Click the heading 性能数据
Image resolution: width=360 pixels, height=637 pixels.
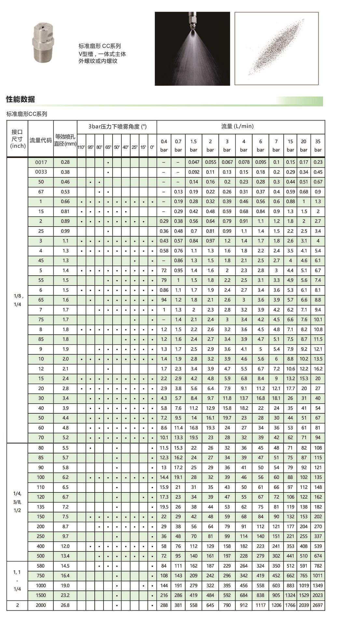21,100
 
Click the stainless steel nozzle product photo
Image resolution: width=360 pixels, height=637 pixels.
43,42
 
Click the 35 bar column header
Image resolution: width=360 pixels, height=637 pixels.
318,145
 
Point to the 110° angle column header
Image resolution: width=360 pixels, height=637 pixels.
81,147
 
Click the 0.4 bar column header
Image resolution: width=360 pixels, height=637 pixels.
164,145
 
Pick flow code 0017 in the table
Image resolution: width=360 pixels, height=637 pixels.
41,162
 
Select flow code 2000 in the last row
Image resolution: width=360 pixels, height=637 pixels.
41,605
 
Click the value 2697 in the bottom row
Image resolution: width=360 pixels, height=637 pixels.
318,605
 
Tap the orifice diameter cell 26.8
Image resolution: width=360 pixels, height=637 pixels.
65,605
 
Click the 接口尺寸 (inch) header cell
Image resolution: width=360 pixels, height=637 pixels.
18,139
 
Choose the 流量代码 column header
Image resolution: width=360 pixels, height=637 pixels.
41,140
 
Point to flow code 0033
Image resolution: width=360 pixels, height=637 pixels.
41,172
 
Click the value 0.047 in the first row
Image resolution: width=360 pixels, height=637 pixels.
194,162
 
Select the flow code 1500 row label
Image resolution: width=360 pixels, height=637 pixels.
41,595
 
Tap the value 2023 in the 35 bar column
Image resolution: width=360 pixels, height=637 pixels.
318,595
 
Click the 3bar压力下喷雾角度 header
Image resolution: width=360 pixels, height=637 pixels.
117,127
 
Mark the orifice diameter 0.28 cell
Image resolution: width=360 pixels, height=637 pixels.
65,162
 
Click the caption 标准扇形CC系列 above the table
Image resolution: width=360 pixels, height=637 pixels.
27,114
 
